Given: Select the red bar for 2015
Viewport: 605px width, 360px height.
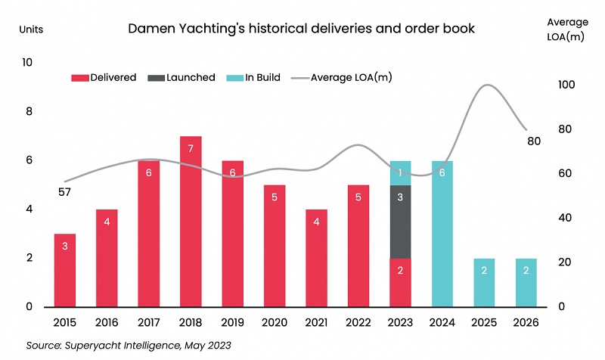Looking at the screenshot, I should click(x=64, y=270).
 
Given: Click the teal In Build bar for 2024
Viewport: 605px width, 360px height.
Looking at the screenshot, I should click(x=443, y=234).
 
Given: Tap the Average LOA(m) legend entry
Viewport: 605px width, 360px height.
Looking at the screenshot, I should click(x=341, y=77).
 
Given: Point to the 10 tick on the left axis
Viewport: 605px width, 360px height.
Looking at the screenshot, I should click(x=28, y=63).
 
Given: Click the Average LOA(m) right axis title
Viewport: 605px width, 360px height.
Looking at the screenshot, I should click(x=567, y=29).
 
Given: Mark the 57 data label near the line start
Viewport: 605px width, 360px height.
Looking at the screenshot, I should click(x=64, y=192).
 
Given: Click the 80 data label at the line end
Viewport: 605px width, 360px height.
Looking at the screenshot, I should click(x=534, y=141).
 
